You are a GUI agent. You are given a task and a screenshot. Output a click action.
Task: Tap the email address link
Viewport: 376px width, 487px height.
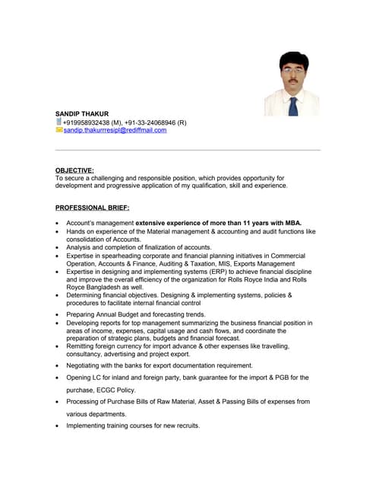[115, 130]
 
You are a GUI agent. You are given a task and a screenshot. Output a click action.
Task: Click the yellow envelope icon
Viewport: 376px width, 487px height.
[59, 130]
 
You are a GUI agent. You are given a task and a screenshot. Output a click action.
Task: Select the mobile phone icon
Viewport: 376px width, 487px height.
[59, 122]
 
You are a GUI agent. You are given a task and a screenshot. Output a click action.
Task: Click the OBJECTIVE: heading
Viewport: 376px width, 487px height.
[74, 170]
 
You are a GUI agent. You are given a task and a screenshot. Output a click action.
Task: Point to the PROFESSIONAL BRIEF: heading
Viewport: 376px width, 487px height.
[93, 207]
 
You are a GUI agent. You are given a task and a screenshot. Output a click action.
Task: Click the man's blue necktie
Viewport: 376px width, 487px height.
[292, 104]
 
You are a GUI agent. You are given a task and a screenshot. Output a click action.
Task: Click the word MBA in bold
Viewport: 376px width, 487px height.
[292, 223]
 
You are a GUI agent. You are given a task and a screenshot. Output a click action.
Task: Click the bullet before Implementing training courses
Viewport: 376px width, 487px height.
[58, 426]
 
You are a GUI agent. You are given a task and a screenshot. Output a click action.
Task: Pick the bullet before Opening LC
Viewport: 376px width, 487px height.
[58, 377]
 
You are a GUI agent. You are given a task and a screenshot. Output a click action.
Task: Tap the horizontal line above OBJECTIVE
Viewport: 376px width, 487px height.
[188, 151]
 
